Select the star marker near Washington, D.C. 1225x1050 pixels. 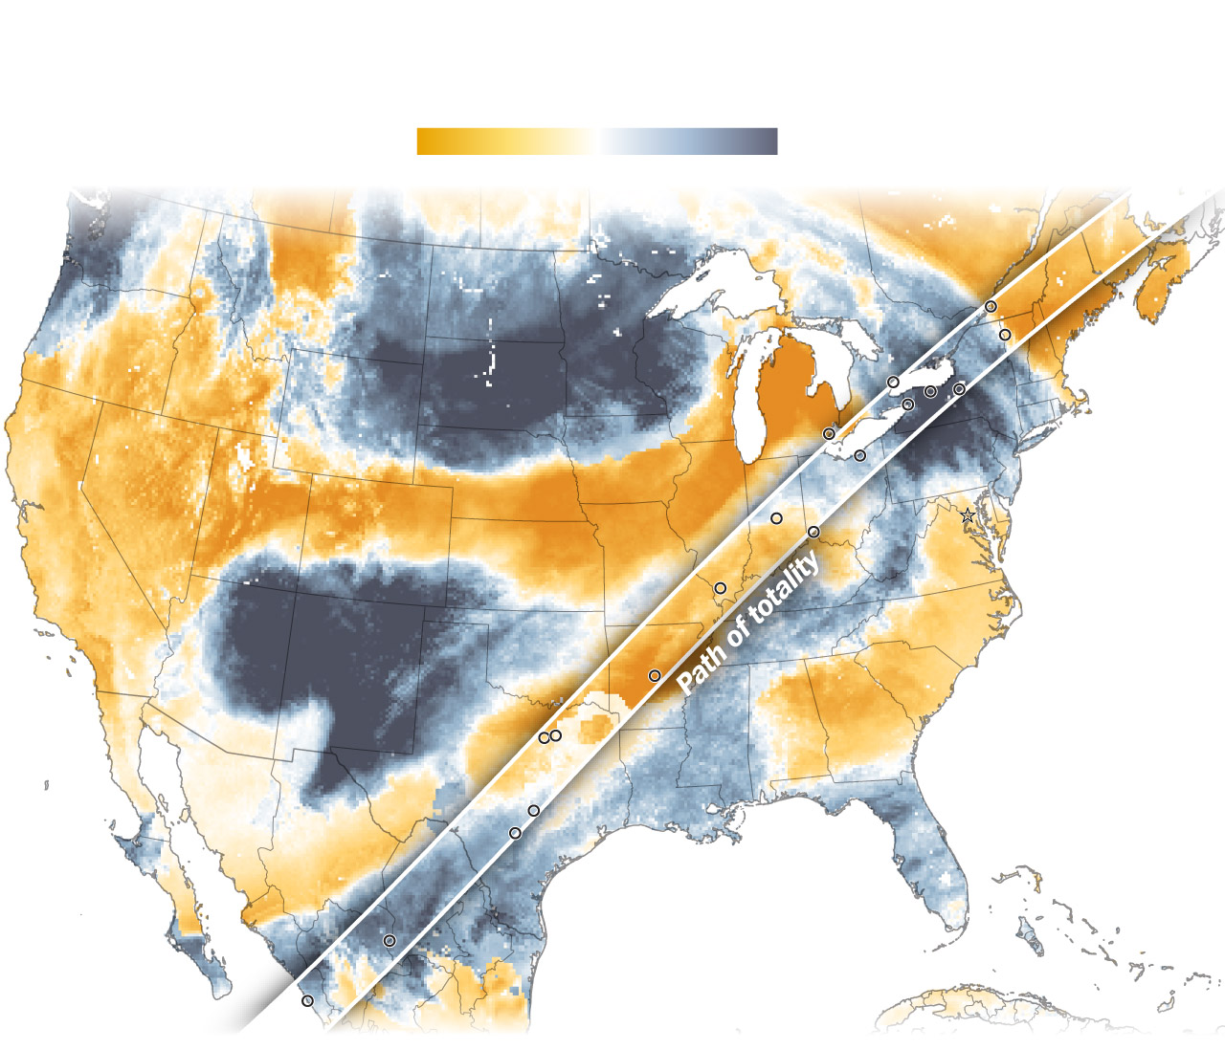point(968,515)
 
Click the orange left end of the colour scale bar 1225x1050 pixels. point(425,142)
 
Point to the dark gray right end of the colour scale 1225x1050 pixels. point(769,142)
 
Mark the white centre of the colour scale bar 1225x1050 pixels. point(597,142)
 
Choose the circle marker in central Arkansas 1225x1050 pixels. point(655,676)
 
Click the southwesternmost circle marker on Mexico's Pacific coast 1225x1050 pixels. point(307,1001)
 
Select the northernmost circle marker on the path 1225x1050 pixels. point(991,306)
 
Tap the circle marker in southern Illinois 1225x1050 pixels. point(720,588)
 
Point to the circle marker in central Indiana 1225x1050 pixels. point(776,518)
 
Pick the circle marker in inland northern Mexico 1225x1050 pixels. point(390,941)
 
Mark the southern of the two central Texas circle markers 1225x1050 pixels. point(515,833)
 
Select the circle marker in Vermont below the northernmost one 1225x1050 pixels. point(1005,335)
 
